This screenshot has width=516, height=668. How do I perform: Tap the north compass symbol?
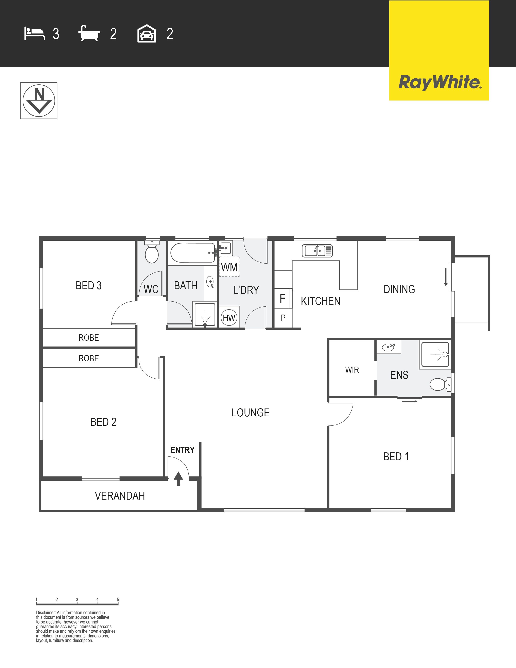click(39, 101)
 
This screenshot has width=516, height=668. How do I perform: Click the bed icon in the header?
click(35, 34)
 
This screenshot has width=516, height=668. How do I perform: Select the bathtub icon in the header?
click(89, 33)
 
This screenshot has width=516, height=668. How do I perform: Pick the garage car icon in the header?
click(147, 33)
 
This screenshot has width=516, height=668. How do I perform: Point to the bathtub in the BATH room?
click(193, 253)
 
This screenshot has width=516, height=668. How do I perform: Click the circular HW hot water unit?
click(229, 318)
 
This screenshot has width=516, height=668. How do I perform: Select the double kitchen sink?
click(317, 251)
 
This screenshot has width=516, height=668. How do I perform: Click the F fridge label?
click(282, 298)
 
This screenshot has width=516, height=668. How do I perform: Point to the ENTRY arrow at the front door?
click(178, 479)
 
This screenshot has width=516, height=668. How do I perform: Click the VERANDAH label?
click(120, 496)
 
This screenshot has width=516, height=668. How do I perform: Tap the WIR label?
click(352, 370)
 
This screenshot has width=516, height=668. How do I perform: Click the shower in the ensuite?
click(435, 354)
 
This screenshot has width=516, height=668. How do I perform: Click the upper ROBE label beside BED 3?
click(89, 338)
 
